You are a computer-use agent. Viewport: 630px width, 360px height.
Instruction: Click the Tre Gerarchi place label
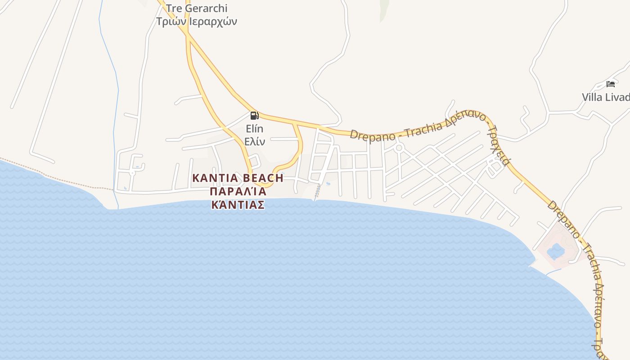(x=197, y=9)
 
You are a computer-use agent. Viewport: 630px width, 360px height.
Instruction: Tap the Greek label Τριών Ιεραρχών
(x=197, y=21)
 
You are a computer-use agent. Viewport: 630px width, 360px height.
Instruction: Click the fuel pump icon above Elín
(x=254, y=116)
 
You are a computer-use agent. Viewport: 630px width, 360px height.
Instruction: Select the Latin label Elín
(x=254, y=129)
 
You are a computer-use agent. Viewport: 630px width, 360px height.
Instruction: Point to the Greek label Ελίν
(x=254, y=141)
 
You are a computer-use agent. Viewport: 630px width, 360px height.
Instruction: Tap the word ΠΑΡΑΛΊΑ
(x=238, y=192)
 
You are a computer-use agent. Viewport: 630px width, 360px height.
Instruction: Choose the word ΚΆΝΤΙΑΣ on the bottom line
(x=238, y=205)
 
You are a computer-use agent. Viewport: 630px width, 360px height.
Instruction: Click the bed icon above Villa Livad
(x=611, y=84)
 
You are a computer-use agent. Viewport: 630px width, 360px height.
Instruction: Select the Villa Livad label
(x=605, y=97)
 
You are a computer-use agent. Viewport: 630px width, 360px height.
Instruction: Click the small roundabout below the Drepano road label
(x=399, y=148)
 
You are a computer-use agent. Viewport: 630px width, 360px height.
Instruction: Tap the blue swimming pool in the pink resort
(x=556, y=251)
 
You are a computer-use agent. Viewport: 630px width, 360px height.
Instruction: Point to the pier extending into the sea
(x=318, y=192)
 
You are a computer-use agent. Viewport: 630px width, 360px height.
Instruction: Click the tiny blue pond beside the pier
(x=328, y=184)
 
